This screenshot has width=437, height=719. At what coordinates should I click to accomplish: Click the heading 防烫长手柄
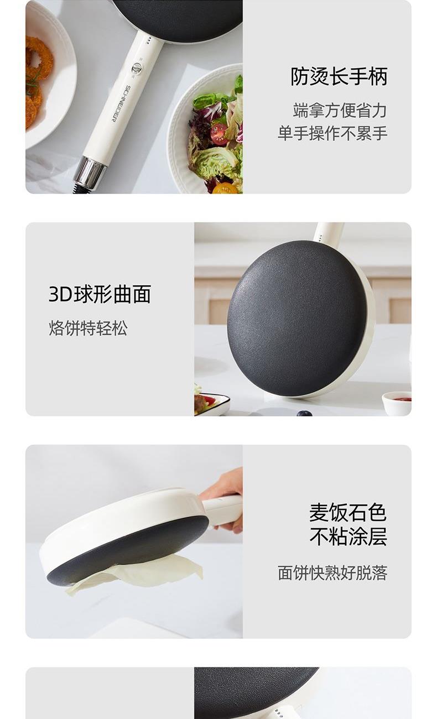339,76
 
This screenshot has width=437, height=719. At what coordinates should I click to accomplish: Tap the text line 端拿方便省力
340,111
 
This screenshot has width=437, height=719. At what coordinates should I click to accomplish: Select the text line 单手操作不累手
332,133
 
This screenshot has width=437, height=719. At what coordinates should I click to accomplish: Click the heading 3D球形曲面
100,294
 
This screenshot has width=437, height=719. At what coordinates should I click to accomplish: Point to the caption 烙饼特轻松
88,328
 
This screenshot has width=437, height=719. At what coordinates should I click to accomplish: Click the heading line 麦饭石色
348,512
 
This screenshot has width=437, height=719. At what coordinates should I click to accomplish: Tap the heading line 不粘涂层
348,536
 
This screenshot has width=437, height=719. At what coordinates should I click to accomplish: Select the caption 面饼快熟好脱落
332,573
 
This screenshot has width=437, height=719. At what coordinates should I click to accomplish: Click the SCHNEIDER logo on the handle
119,103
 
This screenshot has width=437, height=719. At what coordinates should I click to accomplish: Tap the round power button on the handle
137,69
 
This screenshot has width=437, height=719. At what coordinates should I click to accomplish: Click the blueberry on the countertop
304,413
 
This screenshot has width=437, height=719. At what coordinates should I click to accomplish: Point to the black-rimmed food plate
212,404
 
